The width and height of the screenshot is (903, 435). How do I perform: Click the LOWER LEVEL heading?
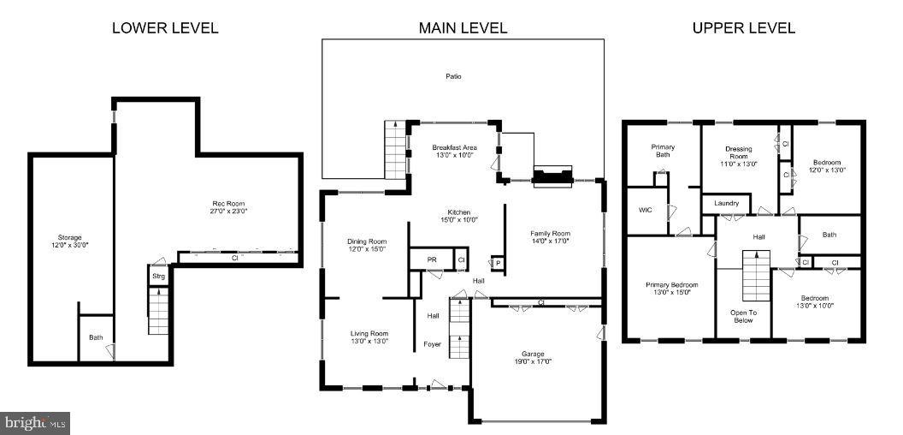[165, 28]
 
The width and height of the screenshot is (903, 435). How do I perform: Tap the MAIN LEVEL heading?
[463, 28]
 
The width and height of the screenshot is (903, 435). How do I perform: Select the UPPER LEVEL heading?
[743, 28]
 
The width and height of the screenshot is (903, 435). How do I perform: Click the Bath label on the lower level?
[96, 337]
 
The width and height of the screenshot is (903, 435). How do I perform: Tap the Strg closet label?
[158, 277]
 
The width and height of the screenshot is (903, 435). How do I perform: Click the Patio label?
[453, 76]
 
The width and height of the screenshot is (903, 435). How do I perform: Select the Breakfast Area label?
[454, 147]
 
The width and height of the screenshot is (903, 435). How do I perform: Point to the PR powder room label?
[420, 259]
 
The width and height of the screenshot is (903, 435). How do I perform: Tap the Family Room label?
[550, 233]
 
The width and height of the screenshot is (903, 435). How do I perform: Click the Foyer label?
[433, 344]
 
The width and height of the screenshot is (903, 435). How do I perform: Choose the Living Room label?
[369, 333]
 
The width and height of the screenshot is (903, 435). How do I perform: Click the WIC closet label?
[646, 210]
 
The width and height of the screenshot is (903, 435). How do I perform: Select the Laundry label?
[726, 204]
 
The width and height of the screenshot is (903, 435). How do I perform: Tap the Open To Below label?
[742, 316]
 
